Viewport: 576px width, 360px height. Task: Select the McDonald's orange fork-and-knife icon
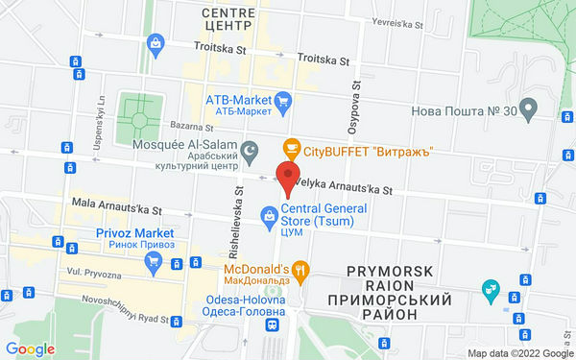coord(301,270)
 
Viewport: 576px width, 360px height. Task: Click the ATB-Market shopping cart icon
coord(283,100)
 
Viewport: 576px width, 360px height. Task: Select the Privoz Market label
coord(133,233)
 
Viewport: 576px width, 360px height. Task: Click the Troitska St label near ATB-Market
coord(324,59)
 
